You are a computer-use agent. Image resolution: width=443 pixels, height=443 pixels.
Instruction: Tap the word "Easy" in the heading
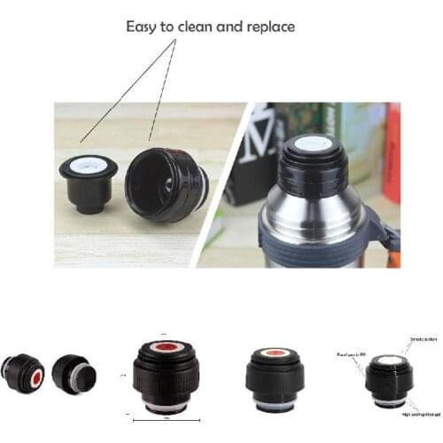(x=145, y=28)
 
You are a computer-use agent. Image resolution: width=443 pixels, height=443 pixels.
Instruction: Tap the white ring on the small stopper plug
(x=88, y=164)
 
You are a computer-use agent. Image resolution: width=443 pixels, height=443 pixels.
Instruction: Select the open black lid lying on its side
(x=166, y=183)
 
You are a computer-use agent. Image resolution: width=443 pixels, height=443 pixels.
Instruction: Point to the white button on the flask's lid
(x=312, y=144)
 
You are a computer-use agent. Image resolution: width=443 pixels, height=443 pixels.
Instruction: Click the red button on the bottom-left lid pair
(x=36, y=377)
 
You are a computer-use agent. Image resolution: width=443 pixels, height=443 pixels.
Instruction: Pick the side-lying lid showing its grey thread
(x=73, y=374)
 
